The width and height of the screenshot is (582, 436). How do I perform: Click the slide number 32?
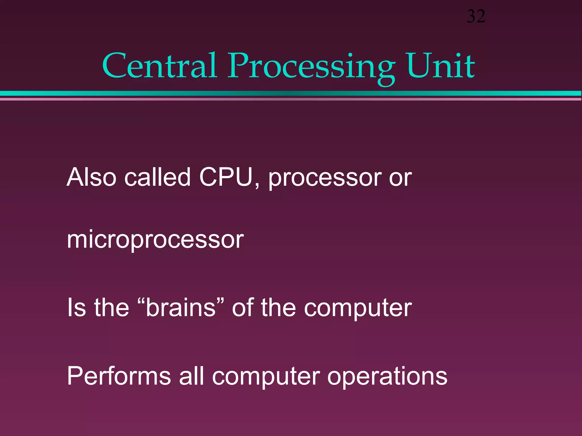(x=476, y=16)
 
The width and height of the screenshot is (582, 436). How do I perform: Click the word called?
(x=157, y=177)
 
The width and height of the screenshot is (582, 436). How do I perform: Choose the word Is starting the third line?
(x=76, y=308)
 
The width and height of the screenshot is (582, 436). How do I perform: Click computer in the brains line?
(x=358, y=309)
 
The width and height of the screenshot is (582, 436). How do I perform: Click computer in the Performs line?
(x=266, y=378)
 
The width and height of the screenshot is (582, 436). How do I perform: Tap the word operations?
(x=387, y=378)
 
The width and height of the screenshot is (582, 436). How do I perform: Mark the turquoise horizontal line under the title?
(x=291, y=93)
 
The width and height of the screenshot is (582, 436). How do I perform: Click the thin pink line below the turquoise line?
(x=291, y=99)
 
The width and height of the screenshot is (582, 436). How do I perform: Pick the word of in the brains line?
(x=243, y=308)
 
